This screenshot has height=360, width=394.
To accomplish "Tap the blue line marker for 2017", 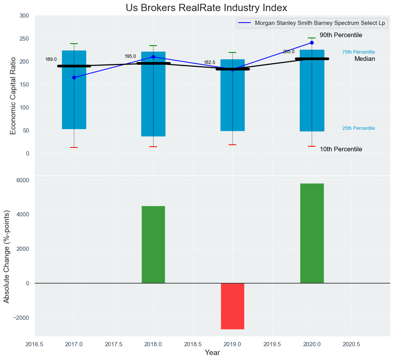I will click(x=74, y=78).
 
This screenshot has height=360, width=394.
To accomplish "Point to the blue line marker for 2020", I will click(x=312, y=43).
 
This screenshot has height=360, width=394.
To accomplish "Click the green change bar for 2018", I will click(x=153, y=244).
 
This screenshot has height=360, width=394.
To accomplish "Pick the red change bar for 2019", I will click(x=232, y=306).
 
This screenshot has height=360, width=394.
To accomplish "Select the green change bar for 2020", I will click(x=312, y=233).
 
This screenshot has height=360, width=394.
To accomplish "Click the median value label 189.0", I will click(x=51, y=59).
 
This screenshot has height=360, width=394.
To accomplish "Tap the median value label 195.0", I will click(x=130, y=56).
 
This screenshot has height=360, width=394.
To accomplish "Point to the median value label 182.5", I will click(x=209, y=62).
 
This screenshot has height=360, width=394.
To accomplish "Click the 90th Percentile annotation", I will click(x=341, y=35).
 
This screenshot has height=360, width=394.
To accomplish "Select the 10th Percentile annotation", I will click(x=341, y=149).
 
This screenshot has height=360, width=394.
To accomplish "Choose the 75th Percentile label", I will click(x=358, y=52).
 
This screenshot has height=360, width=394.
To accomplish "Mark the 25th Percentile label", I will click(x=358, y=128).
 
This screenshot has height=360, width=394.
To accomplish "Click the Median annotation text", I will click(x=365, y=59).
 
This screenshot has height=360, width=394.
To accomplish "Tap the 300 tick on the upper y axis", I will click(x=24, y=16).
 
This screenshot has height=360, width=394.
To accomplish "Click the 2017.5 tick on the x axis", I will click(x=114, y=344).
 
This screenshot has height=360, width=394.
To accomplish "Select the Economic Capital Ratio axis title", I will click(x=13, y=95).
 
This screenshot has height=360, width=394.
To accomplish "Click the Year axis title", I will click(x=212, y=353).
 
